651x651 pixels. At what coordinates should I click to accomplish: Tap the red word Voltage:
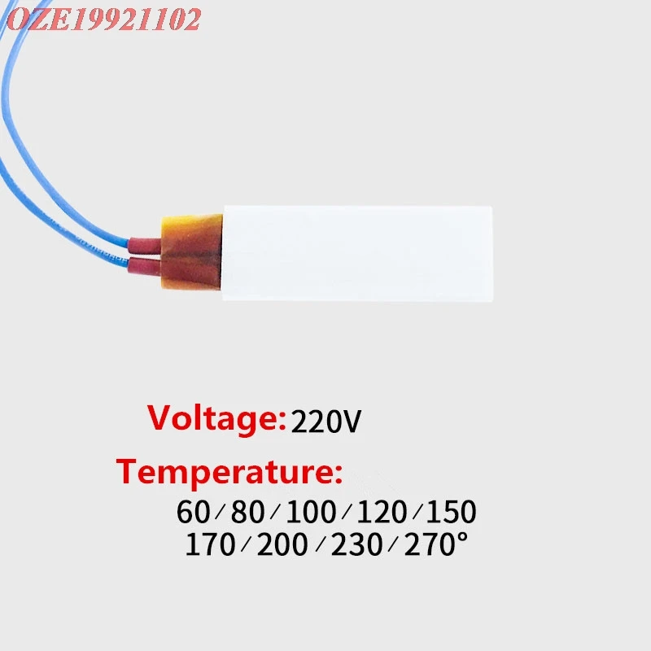[x=216, y=419]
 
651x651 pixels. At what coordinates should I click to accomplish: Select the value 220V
[x=325, y=422]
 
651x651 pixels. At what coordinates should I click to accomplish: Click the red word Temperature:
[x=229, y=471]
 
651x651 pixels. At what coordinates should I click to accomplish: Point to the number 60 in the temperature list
[x=193, y=512]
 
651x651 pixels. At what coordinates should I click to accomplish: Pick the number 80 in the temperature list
[x=247, y=512]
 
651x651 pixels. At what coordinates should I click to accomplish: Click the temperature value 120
[x=382, y=512]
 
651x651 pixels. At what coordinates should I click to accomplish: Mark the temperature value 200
[x=282, y=544]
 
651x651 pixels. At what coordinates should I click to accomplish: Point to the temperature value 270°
[x=436, y=544]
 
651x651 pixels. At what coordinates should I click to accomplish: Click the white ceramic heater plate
[x=358, y=251]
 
